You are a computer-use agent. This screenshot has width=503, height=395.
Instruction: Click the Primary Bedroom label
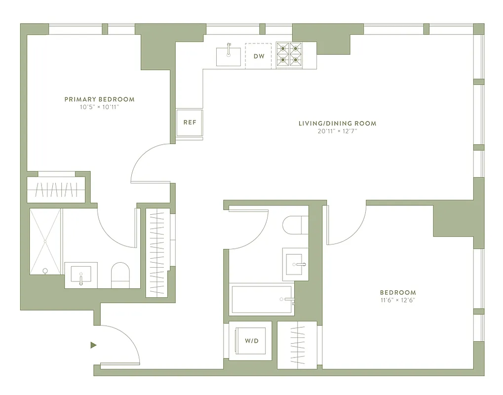[99, 99]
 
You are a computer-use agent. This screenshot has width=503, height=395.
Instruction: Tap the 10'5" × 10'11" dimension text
[99, 107]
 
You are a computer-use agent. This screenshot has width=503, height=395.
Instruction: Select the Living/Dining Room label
[337, 123]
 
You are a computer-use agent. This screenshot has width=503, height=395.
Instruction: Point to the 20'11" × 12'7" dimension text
[337, 131]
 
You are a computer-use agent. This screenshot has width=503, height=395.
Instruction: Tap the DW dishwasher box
[259, 56]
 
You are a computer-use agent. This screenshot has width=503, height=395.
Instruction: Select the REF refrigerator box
[190, 122]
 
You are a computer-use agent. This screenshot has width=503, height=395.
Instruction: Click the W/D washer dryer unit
[250, 341]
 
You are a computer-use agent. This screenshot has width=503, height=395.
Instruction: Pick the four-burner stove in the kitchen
[289, 54]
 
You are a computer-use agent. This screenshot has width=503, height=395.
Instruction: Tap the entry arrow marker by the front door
[93, 345]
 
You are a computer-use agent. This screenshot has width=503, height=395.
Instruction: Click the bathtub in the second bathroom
[263, 299]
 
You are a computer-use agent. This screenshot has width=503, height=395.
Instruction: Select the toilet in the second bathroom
[295, 225]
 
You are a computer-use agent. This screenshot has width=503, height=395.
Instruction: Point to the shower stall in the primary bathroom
[45, 241]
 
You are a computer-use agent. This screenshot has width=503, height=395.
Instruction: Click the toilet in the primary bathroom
[120, 275]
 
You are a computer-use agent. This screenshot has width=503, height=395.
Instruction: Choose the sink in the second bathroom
[295, 264]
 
